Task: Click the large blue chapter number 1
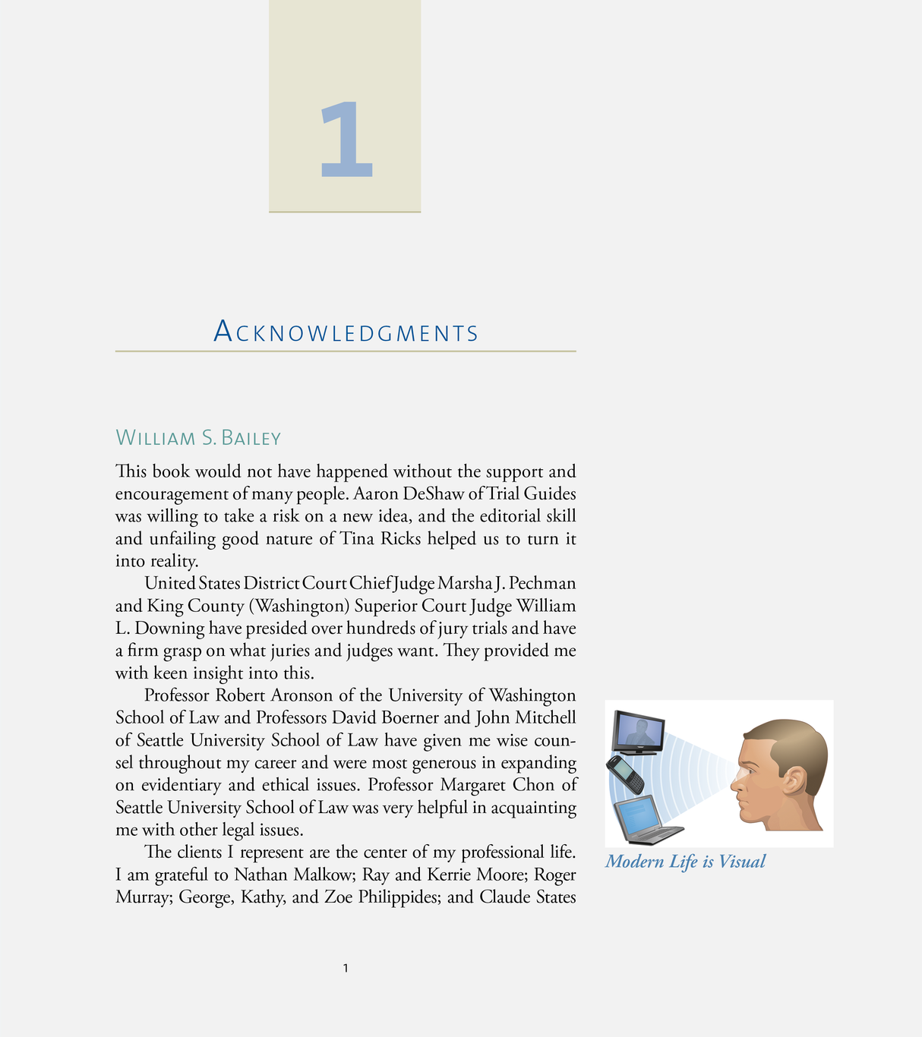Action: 346,140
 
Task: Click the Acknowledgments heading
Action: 346,333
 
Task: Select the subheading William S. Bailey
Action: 198,438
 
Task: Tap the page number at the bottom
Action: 346,968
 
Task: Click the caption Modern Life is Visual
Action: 685,862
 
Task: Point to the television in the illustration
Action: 639,731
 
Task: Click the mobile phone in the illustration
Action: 625,774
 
